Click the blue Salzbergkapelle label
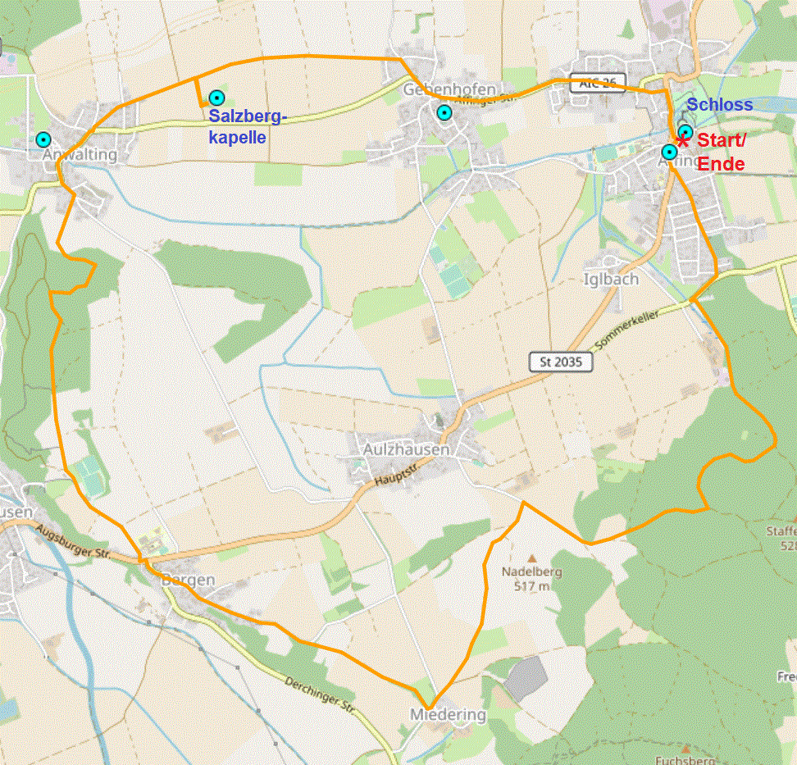[x=247, y=126]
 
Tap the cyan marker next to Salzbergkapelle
[x=216, y=97]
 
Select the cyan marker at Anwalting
[x=43, y=139]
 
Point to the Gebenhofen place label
[x=449, y=89]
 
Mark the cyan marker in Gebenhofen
[x=444, y=112]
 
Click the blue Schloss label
[x=719, y=104]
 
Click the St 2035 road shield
[x=561, y=362]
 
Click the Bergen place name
[x=188, y=580]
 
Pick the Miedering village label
[x=448, y=715]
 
